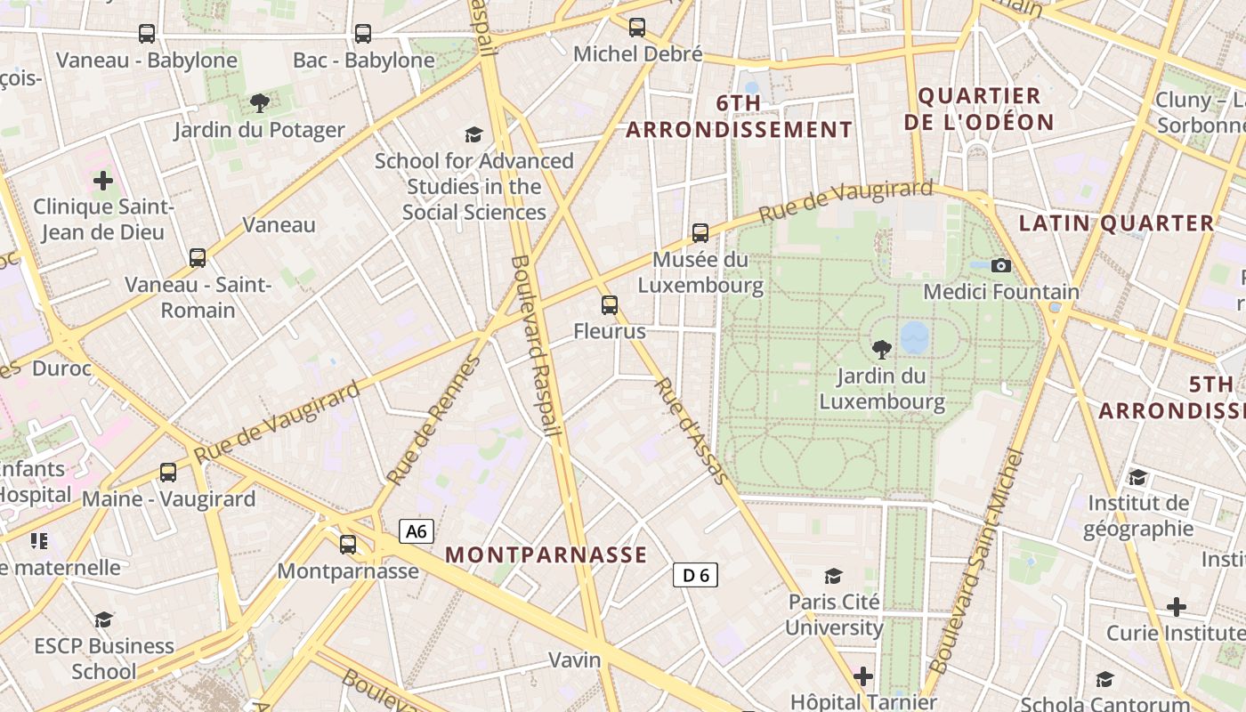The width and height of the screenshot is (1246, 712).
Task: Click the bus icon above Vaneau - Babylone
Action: tap(147, 34)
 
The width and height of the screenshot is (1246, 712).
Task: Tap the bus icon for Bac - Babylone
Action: tap(363, 34)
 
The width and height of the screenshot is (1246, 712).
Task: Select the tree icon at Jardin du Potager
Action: tap(259, 103)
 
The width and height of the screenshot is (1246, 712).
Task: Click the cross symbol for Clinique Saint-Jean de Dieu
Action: tap(103, 181)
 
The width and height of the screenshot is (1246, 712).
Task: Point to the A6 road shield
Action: tap(416, 532)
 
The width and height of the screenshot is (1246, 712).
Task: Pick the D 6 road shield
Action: tap(695, 575)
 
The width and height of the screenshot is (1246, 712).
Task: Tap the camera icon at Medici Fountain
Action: tap(1001, 265)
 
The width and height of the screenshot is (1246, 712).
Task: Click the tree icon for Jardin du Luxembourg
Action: tap(882, 349)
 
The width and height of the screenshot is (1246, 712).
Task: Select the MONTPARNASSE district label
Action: tap(546, 554)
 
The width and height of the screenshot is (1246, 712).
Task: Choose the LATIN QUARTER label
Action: tap(1116, 223)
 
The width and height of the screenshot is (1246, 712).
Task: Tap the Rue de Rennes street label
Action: tap(434, 420)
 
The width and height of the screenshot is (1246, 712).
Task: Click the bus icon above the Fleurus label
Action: tap(610, 305)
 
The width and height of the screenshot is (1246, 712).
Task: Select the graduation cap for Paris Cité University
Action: tap(834, 576)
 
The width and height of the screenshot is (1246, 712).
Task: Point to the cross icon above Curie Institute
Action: tap(1177, 607)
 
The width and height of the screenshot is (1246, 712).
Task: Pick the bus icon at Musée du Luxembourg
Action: tap(700, 233)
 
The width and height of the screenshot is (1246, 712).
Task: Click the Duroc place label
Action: tap(61, 368)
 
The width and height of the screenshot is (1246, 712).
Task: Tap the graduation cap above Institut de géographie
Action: tap(1137, 477)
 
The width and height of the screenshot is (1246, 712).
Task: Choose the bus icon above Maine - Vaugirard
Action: tap(168, 473)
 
